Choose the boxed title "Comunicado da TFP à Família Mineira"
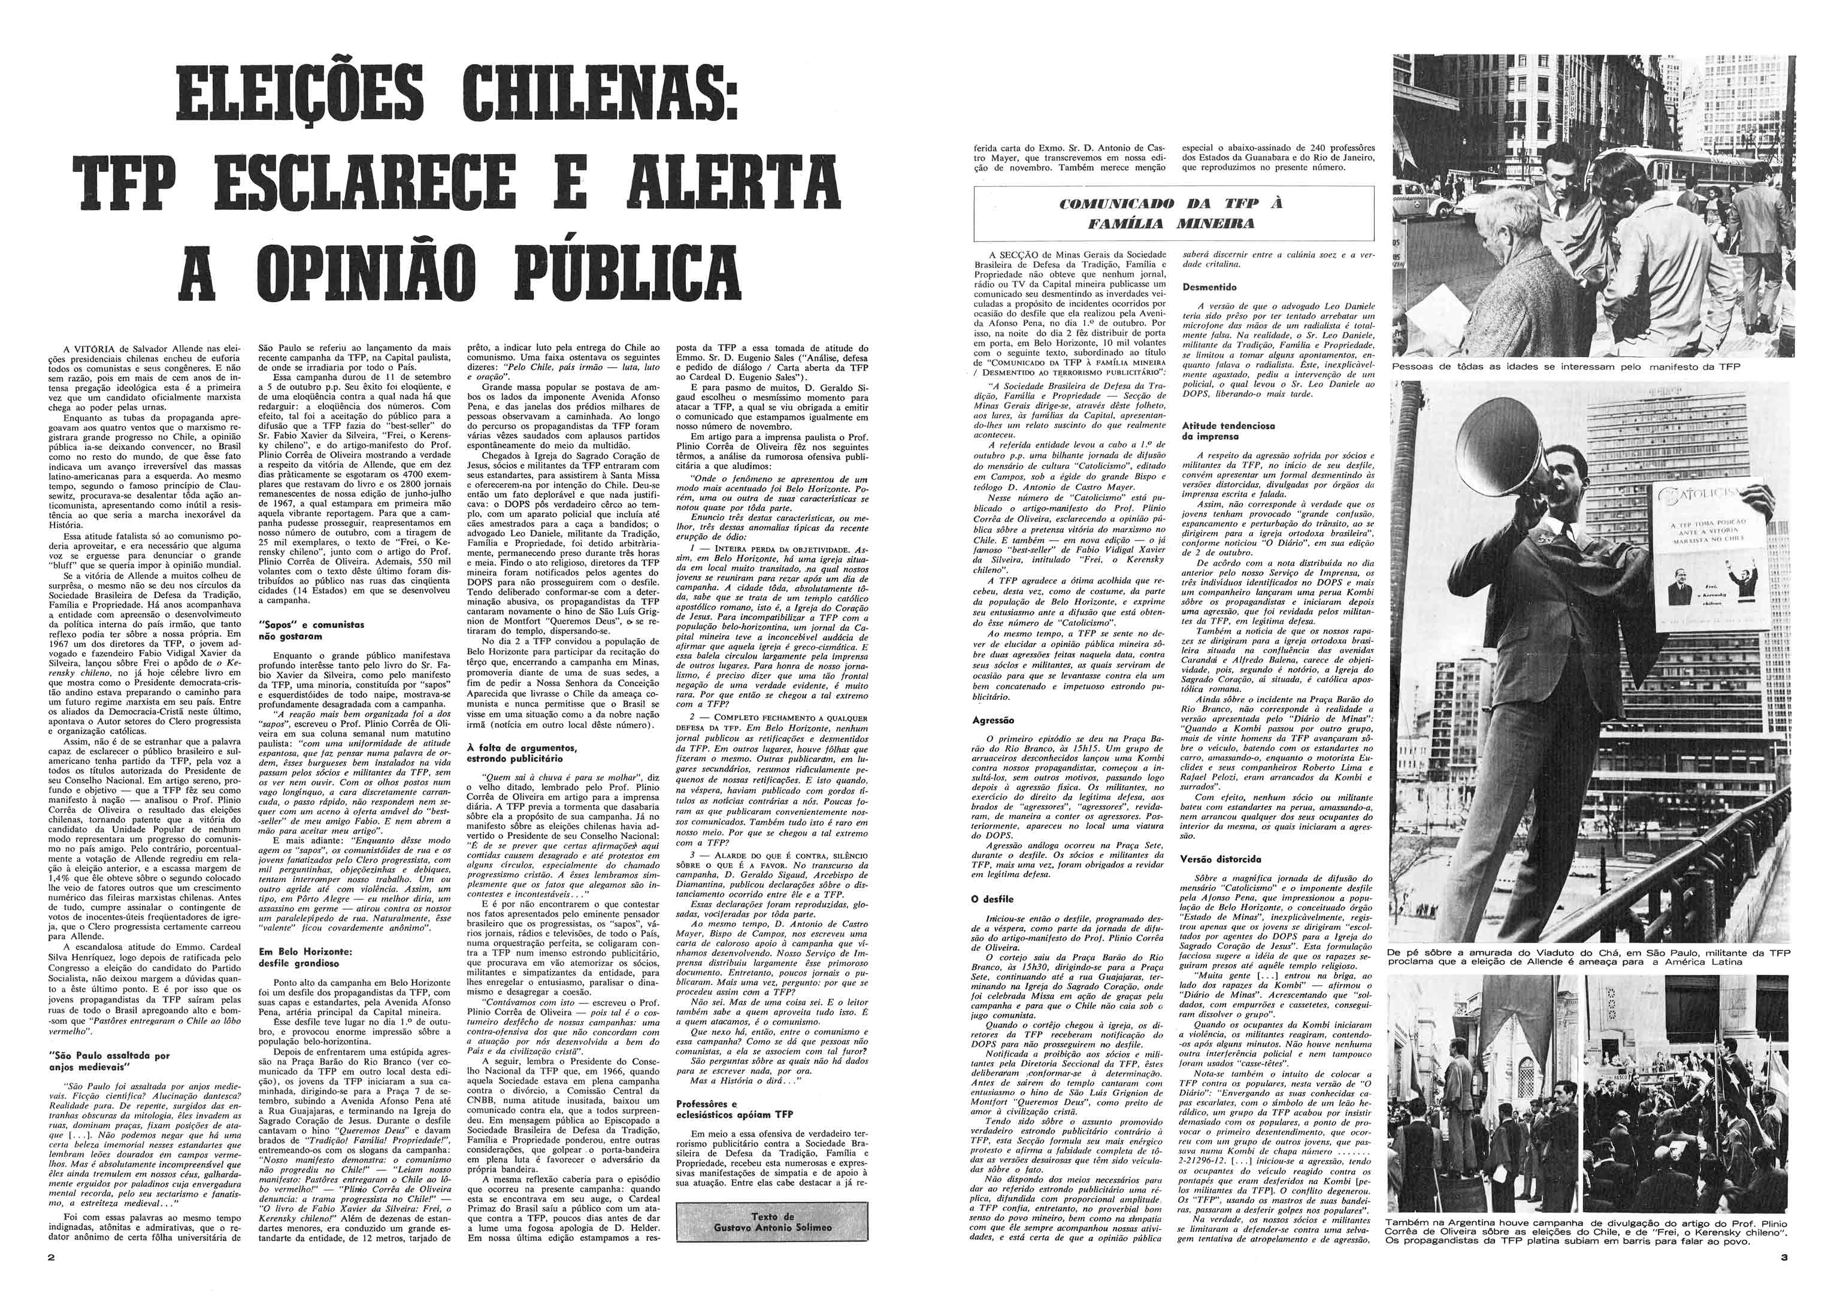pyautogui.click(x=1172, y=213)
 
